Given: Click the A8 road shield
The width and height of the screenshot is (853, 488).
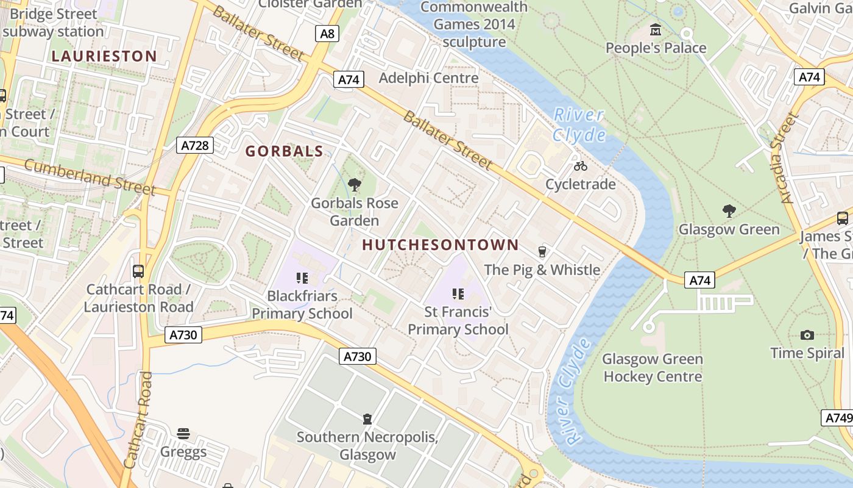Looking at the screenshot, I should coord(327,34).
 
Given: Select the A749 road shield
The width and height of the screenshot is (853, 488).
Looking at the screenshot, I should coord(838,418).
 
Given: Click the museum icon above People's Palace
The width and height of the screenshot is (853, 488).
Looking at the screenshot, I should coord(656,29).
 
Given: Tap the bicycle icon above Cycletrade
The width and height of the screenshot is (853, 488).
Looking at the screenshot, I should coord(581,165).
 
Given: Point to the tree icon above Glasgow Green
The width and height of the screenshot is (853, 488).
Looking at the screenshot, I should coord(729,211).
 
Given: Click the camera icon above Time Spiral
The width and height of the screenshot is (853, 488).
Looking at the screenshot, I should coord(807,335).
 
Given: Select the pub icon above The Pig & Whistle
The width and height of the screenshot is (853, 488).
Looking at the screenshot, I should coord(542,251).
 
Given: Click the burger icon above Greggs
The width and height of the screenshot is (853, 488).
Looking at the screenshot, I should coord(183,434).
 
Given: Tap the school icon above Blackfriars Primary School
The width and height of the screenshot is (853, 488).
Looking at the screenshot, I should coord(302,278).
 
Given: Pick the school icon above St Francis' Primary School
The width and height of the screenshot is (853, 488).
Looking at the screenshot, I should coord(458,294).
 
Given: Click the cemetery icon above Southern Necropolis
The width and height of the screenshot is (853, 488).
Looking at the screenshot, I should coord(367,419).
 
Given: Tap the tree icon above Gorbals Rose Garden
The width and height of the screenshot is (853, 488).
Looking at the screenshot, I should coord(354,184).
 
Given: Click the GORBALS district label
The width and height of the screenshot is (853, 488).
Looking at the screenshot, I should coord(284,151).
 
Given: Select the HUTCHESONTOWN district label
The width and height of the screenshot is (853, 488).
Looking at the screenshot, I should coord(440,245).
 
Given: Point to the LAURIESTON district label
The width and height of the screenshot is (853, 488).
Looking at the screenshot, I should coord(104,56).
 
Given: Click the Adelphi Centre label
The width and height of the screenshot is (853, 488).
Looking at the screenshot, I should coord(428,78).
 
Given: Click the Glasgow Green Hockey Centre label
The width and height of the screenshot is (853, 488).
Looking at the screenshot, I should coord(653,368).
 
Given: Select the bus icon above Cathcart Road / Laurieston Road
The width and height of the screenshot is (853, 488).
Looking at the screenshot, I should coord(138,271).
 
